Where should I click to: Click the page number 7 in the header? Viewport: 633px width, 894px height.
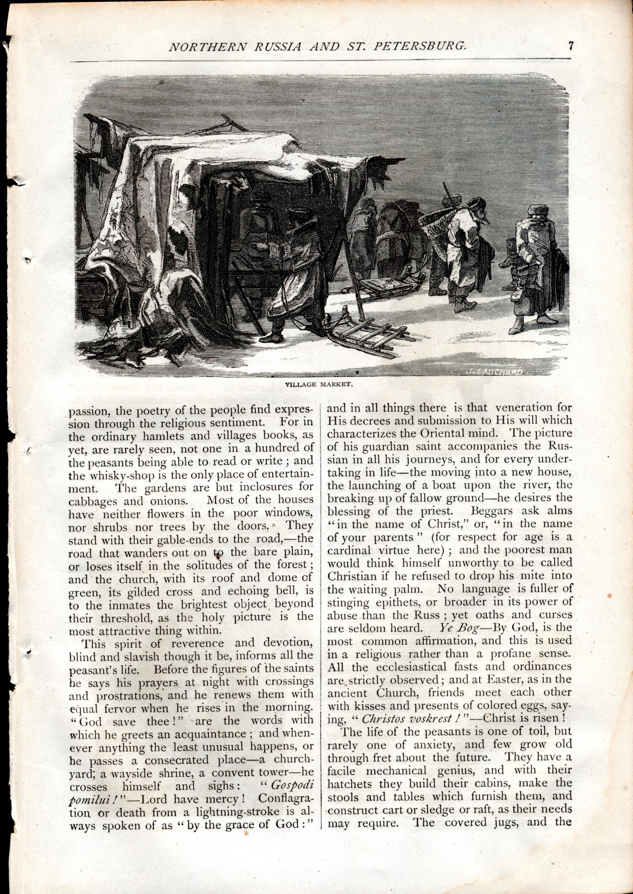[x=571, y=46]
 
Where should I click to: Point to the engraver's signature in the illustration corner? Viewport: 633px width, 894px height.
[x=494, y=371]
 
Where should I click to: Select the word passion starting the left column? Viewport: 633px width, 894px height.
[x=87, y=411]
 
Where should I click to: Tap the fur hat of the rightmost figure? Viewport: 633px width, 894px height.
[x=536, y=210]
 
